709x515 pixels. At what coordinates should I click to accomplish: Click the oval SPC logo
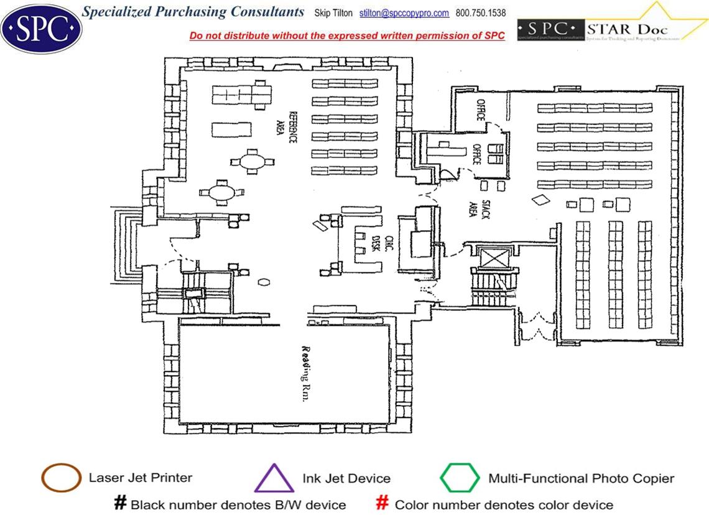click(x=41, y=27)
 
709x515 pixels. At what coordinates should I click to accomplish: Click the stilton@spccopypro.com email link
click(x=404, y=13)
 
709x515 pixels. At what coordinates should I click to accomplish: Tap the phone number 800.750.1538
click(x=481, y=13)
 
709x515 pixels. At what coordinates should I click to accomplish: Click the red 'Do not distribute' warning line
click(x=347, y=35)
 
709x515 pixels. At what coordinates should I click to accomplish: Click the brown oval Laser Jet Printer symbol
click(x=61, y=478)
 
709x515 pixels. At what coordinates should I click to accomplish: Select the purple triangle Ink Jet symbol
click(x=274, y=479)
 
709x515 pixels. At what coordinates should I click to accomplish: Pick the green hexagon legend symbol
click(x=460, y=478)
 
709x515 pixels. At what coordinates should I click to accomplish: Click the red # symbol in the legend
click(x=382, y=503)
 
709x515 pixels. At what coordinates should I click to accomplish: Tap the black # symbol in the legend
click(x=120, y=503)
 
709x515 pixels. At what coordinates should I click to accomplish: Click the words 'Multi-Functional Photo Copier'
click(x=581, y=478)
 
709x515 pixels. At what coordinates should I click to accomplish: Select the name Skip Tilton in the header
click(x=333, y=13)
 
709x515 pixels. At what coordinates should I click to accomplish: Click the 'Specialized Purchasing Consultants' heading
click(x=193, y=12)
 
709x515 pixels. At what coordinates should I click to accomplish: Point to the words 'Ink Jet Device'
click(x=346, y=478)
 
